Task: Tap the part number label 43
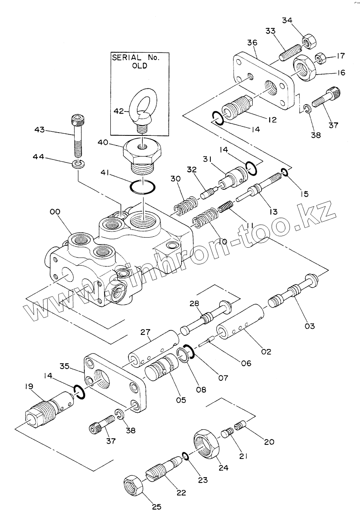point(39,130)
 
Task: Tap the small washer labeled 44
point(79,164)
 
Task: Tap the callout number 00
point(55,212)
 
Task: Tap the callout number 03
point(309,325)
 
